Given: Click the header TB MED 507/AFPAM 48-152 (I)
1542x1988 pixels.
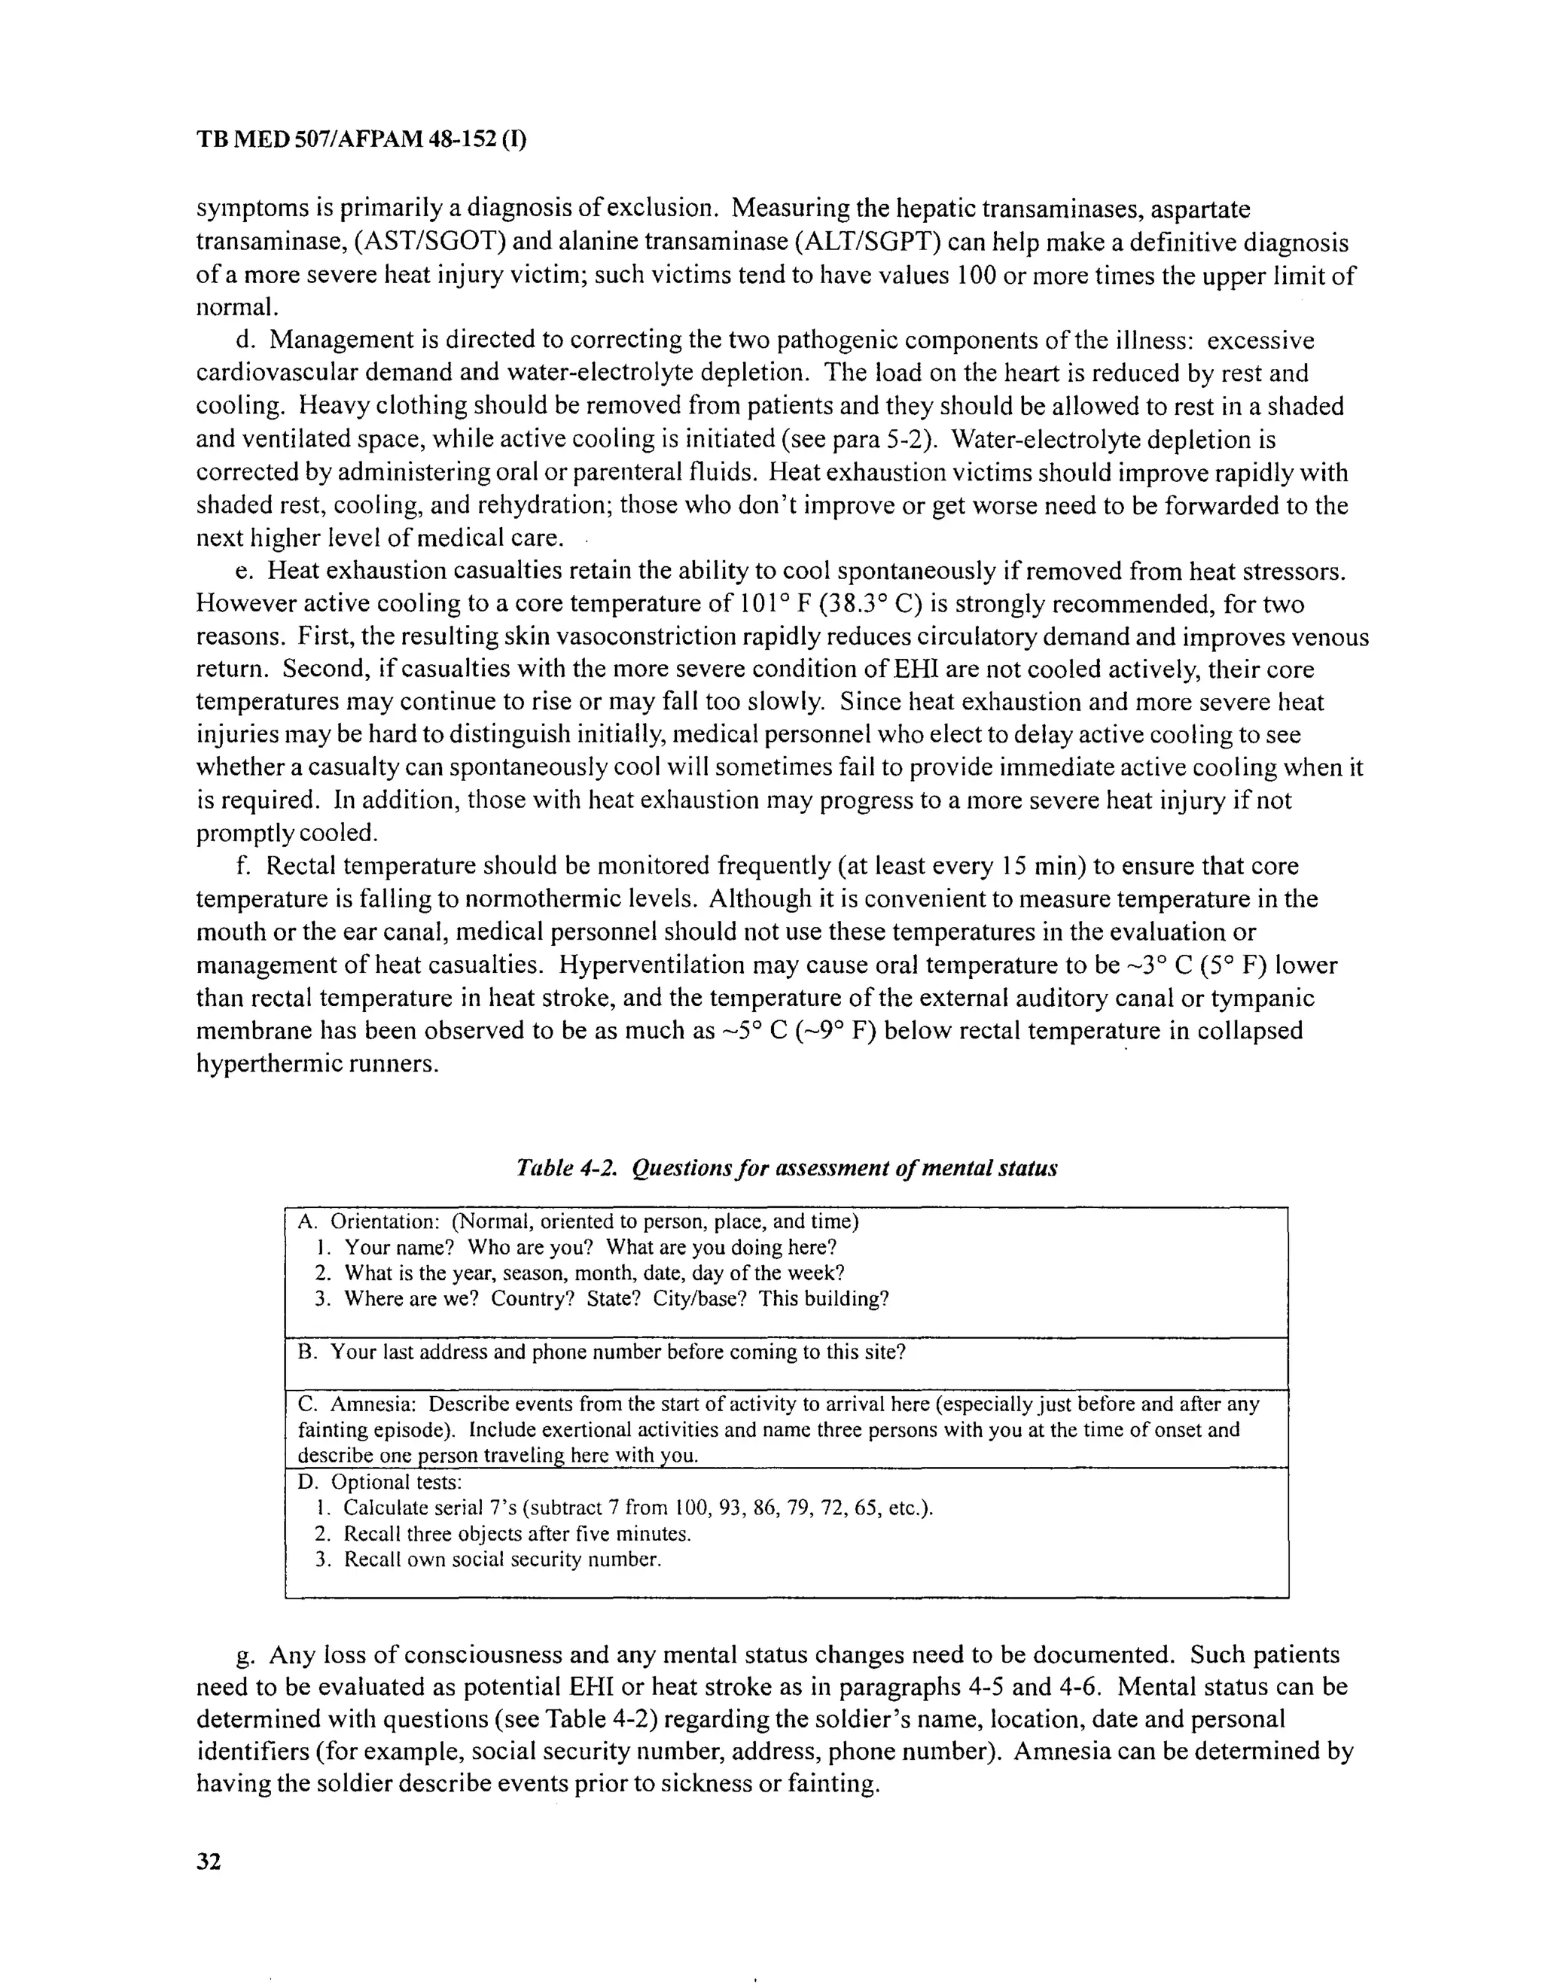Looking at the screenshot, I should point(361,140).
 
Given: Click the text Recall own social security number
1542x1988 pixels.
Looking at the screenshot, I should point(501,1560).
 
